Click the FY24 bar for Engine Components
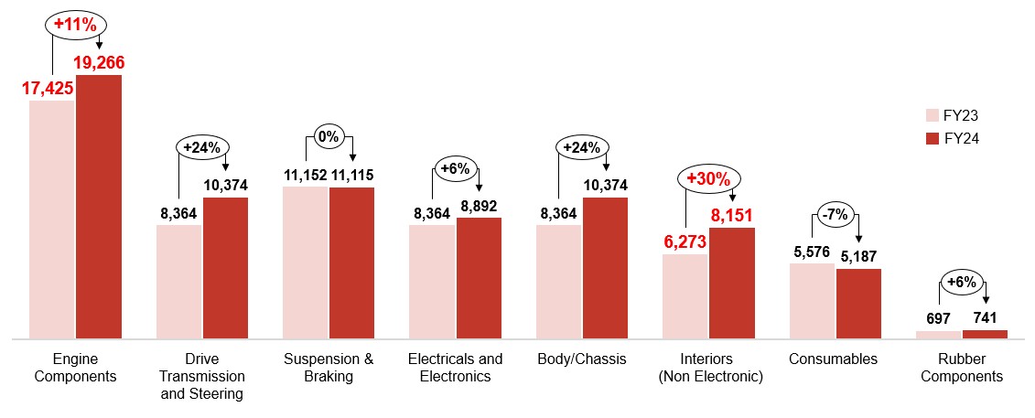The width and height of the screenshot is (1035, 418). point(99,206)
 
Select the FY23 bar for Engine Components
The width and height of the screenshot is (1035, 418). point(51,220)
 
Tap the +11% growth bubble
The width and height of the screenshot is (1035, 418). point(74,25)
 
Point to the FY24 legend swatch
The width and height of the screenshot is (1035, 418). point(933,139)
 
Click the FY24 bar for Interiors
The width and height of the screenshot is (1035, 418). point(732,283)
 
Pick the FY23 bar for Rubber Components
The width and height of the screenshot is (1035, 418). point(938,335)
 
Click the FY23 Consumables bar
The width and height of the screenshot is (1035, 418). point(812,301)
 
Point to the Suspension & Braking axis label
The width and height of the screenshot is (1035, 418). point(329,368)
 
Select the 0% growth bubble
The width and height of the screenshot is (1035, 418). point(327,137)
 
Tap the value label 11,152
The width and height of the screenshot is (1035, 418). point(305,175)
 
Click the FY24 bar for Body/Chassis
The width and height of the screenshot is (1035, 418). point(605,267)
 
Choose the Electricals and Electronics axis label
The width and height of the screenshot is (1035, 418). point(455,368)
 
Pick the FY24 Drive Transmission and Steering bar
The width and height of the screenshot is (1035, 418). point(225,267)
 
